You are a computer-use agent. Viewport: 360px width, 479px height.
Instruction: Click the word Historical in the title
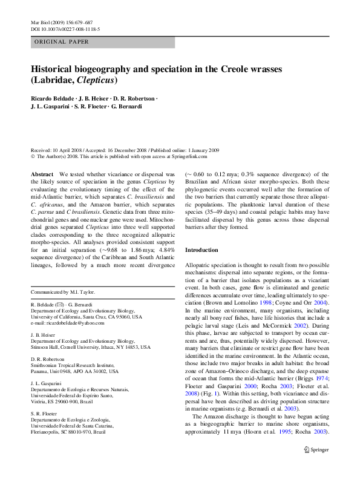[x=59, y=69]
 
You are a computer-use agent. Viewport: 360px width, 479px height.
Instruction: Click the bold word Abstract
[x=42, y=173]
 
